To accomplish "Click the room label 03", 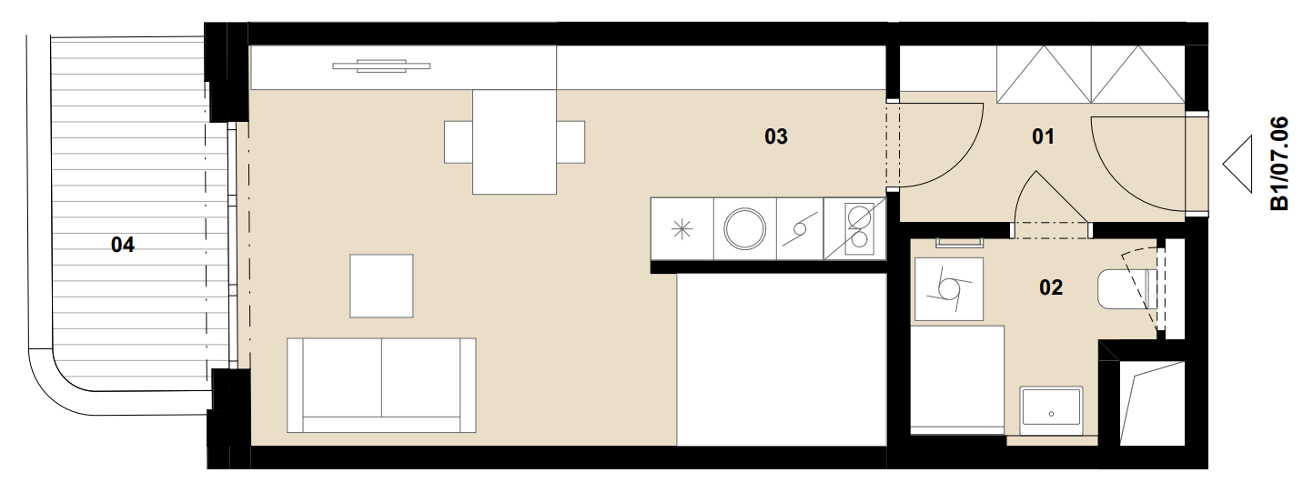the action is (x=776, y=136).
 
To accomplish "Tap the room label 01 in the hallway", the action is (x=1043, y=136).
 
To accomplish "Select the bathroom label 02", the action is (x=1051, y=287).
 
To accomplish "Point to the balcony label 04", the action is (x=123, y=245).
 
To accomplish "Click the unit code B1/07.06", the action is (x=1279, y=164).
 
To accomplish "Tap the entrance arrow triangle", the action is (x=1237, y=164).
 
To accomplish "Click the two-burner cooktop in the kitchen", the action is (x=854, y=228).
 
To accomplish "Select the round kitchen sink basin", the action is (x=744, y=228).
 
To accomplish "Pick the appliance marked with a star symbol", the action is (x=682, y=228).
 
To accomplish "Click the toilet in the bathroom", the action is (x=1124, y=289).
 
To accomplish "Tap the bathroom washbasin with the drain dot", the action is (x=1051, y=410).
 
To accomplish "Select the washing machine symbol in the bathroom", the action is (x=949, y=289).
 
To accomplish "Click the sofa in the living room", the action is (x=381, y=386).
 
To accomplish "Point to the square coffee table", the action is (x=381, y=286).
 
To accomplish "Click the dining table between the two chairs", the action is (x=514, y=142).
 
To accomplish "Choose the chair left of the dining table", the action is (x=459, y=142).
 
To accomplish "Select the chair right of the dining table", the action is (x=571, y=142).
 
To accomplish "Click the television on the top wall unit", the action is (x=381, y=66).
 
